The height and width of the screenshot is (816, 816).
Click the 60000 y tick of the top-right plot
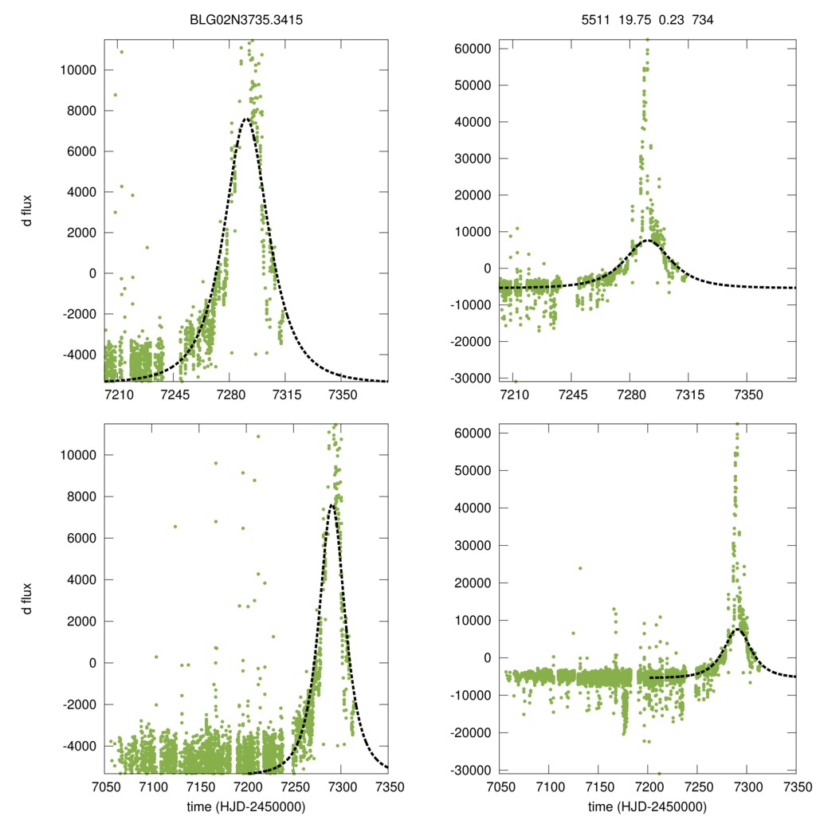point(470,49)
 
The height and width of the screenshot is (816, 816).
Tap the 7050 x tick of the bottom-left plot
point(105,787)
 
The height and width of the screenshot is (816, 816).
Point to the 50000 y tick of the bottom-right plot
point(470,470)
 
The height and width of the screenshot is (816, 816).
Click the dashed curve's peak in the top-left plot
point(247,118)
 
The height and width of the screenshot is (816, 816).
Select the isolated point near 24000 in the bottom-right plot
point(580,568)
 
